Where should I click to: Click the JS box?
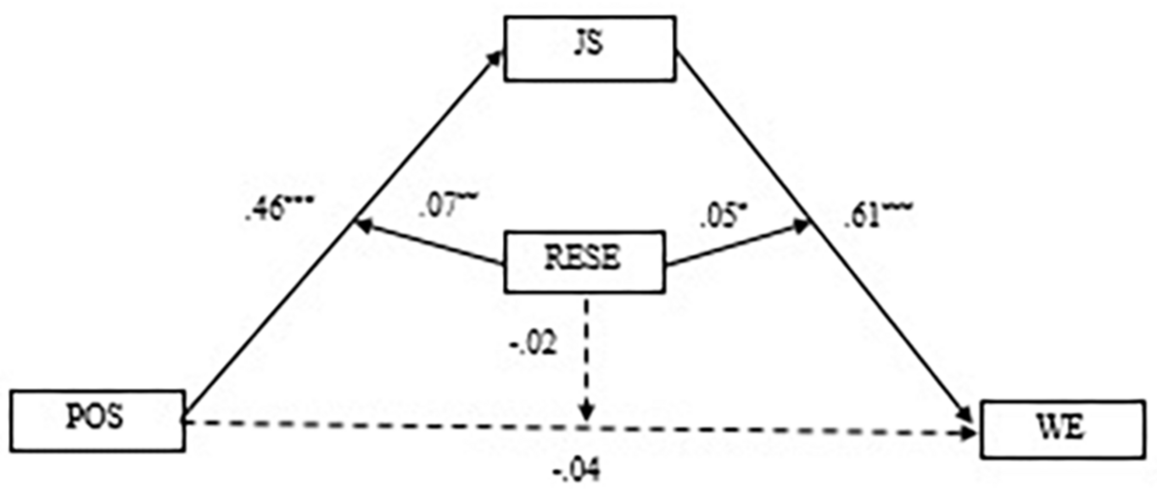589,48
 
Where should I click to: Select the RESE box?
584,261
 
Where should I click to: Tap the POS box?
97,420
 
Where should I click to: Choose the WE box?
1062,429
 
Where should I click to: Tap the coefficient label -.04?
576,470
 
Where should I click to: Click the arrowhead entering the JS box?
497,57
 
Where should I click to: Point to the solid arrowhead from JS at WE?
966,415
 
